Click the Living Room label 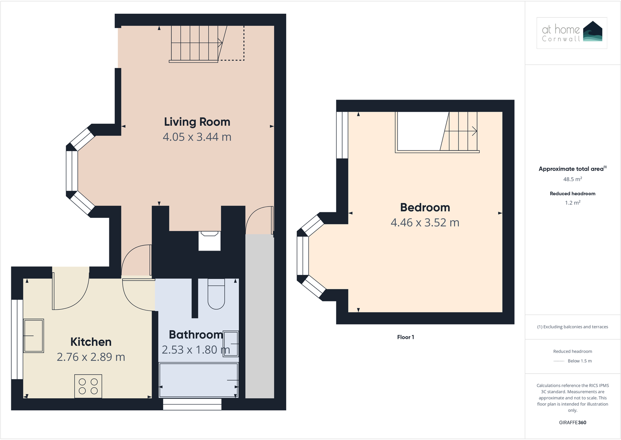(x=197, y=122)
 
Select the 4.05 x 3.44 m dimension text (x=197, y=137)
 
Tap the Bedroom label (x=425, y=207)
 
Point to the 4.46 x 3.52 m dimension (x=425, y=223)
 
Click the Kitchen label (x=91, y=342)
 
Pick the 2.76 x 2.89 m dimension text (x=91, y=357)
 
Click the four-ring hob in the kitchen (x=88, y=386)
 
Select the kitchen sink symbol (x=34, y=336)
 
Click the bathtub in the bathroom (x=198, y=380)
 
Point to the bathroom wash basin (x=230, y=344)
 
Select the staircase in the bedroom (x=461, y=132)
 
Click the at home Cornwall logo (x=572, y=33)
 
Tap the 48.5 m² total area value (x=573, y=179)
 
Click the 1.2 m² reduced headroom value (x=573, y=203)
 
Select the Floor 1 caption (x=405, y=337)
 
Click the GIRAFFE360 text (x=573, y=422)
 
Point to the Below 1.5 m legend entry (x=580, y=361)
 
